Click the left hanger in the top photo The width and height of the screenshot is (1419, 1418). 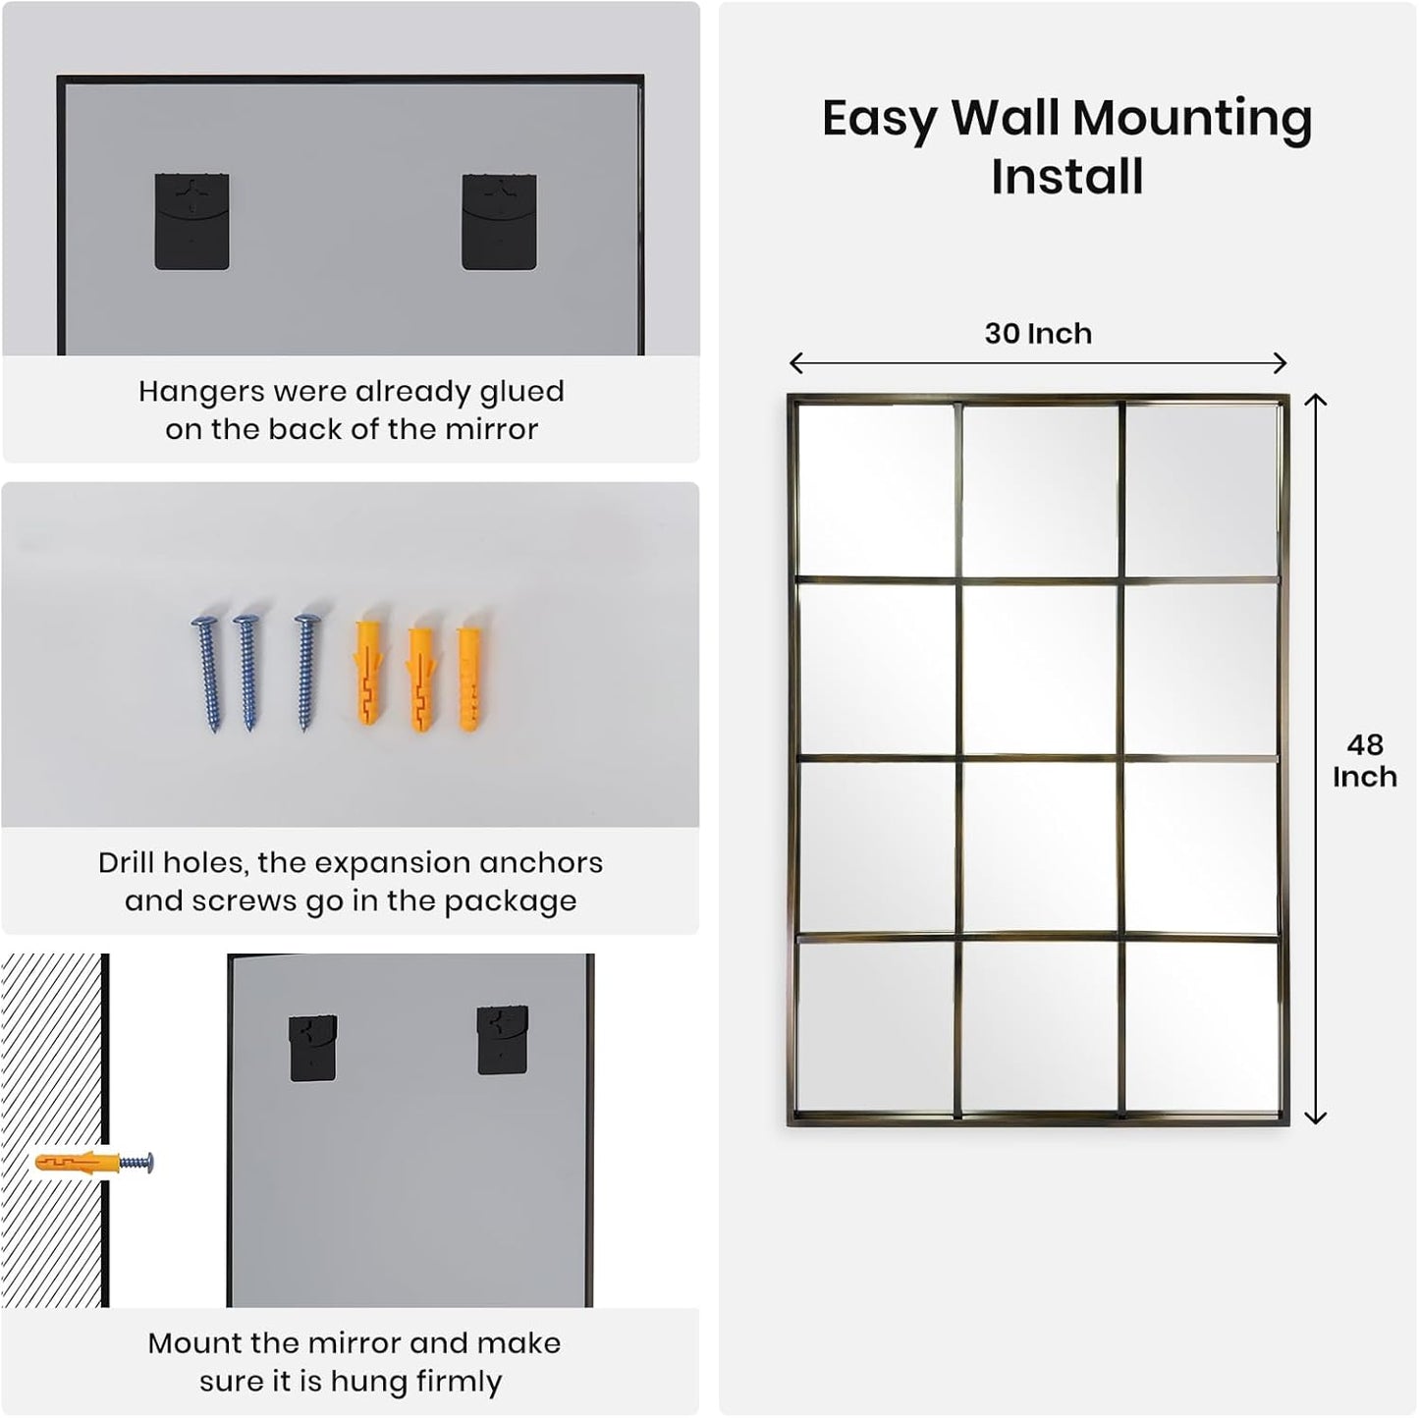pyautogui.click(x=191, y=222)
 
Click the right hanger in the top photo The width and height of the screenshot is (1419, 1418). pyautogui.click(x=499, y=222)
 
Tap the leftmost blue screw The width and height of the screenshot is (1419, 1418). pyautogui.click(x=208, y=673)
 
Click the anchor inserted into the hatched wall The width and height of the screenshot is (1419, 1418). pyautogui.click(x=79, y=1164)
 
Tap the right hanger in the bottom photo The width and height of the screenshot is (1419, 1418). pyautogui.click(x=502, y=1040)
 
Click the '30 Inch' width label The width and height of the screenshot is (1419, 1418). pyautogui.click(x=1038, y=334)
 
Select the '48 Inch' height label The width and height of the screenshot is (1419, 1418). pyautogui.click(x=1364, y=761)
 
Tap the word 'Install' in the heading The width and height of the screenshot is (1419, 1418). pyautogui.click(x=1066, y=178)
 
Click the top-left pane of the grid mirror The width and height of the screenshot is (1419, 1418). pyautogui.click(x=875, y=490)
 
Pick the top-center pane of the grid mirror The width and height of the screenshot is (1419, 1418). pyautogui.click(x=1039, y=490)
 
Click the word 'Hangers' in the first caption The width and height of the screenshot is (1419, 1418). pyautogui.click(x=200, y=392)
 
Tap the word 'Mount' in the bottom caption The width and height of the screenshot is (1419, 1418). pyautogui.click(x=196, y=1343)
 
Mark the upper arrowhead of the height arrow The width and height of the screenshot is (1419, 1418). pyautogui.click(x=1315, y=400)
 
